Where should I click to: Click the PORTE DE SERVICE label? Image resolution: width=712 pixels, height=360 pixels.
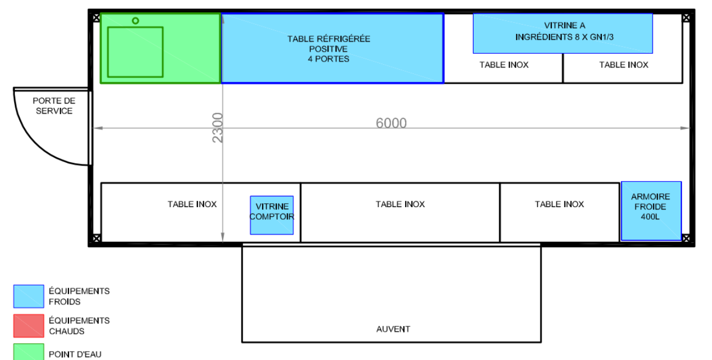click(x=54, y=106)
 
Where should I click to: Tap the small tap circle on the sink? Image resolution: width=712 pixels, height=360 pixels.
click(x=135, y=21)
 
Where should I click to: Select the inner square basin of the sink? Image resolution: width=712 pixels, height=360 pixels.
click(x=135, y=52)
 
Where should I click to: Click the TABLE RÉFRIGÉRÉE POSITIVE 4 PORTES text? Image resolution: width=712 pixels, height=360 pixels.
click(x=329, y=49)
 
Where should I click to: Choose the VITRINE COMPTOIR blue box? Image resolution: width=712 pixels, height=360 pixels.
click(x=272, y=215)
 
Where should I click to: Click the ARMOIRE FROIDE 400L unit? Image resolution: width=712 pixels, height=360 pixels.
click(x=651, y=211)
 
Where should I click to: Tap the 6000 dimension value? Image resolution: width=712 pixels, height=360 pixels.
click(x=391, y=123)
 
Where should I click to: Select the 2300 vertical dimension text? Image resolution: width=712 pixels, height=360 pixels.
click(x=218, y=128)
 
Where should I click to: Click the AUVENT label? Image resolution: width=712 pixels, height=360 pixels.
click(x=393, y=329)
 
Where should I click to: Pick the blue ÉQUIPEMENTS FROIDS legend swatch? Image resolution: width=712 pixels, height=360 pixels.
click(x=29, y=296)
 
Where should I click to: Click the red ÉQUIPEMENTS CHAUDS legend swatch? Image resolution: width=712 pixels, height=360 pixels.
click(x=29, y=326)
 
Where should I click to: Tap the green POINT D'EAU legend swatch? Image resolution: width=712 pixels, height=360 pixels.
click(x=29, y=352)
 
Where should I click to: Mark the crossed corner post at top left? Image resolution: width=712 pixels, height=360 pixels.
click(x=96, y=18)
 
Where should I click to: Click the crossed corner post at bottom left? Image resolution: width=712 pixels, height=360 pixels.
click(x=96, y=238)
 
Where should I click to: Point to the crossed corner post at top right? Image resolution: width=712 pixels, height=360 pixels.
click(x=686, y=18)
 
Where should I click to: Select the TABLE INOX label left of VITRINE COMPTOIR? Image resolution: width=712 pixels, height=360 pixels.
click(x=192, y=204)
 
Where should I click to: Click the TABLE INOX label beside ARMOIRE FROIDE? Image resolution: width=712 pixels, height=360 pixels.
click(x=559, y=204)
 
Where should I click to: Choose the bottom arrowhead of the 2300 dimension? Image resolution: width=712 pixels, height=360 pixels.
click(x=223, y=237)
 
